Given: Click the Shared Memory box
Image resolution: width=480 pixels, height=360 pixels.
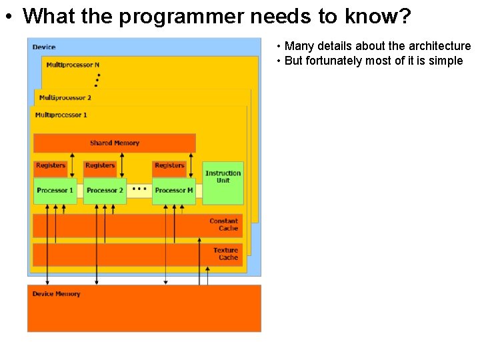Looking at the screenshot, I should point(114,143).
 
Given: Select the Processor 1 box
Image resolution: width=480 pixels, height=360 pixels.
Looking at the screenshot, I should point(55,191).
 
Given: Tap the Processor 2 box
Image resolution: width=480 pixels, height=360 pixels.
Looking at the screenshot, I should point(105,191).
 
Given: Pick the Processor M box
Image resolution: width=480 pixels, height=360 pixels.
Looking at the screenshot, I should point(174,191).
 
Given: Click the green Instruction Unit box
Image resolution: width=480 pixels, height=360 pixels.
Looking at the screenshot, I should point(223,182).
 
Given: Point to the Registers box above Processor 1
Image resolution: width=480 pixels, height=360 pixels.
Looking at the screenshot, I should point(51,165).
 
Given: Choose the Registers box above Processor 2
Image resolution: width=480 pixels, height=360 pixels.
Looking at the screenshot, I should point(100,165).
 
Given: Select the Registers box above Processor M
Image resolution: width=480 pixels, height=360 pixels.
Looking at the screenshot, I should point(169,165).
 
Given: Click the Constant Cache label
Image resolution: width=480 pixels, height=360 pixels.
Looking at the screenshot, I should point(224,225).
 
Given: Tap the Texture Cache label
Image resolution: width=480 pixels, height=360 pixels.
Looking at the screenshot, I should point(226,254).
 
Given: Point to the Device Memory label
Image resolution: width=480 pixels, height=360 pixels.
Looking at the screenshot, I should point(57,294).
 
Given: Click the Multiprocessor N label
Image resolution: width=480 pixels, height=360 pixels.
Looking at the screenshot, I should point(73,65).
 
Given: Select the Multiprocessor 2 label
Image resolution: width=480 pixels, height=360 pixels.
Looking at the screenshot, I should point(65,98).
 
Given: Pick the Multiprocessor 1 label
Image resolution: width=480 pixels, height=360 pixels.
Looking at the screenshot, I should point(61,115).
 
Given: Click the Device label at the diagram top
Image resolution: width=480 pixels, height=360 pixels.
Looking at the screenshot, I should point(44,47).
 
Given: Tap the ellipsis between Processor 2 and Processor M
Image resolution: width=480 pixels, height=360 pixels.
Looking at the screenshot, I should point(139,189).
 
